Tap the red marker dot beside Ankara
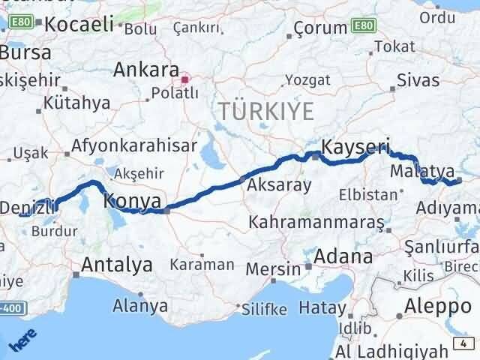pyautogui.click(x=185, y=78)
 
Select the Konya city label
pyautogui.click(x=133, y=201)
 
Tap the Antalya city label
pyautogui.click(x=116, y=265)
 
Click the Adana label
pyautogui.click(x=343, y=256)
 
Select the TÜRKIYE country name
pyautogui.click(x=266, y=111)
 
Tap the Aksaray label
pyautogui.click(x=278, y=185)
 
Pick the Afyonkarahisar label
pyautogui.click(x=135, y=145)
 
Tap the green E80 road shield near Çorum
pyautogui.click(x=364, y=26)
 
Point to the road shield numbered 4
pyautogui.click(x=464, y=343)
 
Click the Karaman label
pyautogui.click(x=202, y=265)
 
